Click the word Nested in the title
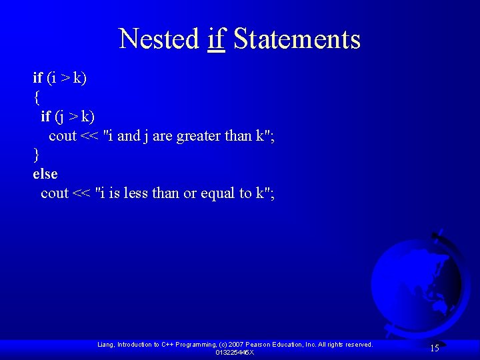[159, 39]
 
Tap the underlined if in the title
[216, 39]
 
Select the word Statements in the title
[297, 39]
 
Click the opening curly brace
[36, 97]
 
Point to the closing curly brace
[36, 155]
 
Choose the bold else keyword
[45, 174]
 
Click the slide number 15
[434, 348]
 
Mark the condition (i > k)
[67, 78]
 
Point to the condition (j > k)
[75, 117]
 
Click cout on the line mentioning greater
[63, 136]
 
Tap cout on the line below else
[55, 193]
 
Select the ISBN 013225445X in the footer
[235, 352]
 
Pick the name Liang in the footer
[105, 345]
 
